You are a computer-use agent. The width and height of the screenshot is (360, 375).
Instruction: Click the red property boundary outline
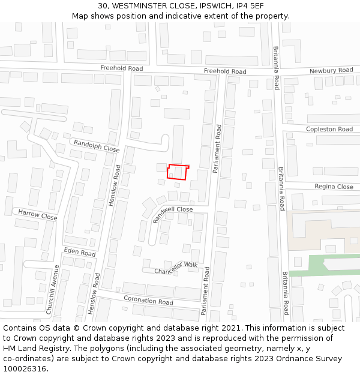tap(178, 172)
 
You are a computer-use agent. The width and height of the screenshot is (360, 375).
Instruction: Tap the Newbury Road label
tap(331, 71)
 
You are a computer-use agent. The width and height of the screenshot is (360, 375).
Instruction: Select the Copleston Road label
tap(329, 129)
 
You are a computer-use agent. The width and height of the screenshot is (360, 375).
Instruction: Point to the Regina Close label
tap(334, 187)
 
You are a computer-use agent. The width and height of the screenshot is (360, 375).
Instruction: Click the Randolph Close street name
tap(96, 146)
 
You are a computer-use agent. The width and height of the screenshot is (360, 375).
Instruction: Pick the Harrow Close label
tap(37, 215)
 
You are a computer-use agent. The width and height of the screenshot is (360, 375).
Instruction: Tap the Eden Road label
tap(79, 252)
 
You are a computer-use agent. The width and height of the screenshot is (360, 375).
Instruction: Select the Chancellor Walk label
tap(176, 268)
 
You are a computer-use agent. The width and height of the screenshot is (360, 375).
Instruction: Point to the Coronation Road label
tap(148, 300)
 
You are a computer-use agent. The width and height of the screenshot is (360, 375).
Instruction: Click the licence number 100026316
tap(25, 369)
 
